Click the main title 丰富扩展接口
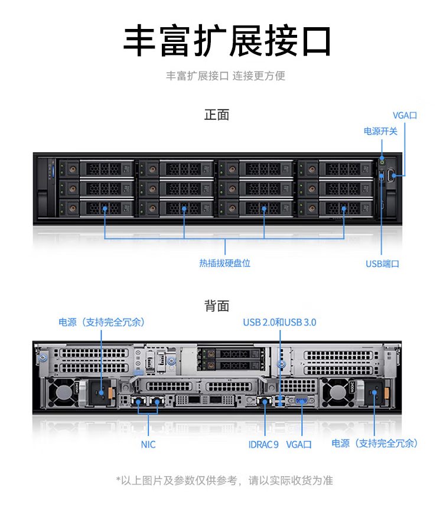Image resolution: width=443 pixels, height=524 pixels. (x=227, y=41)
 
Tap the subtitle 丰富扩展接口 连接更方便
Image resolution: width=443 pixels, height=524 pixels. (x=226, y=76)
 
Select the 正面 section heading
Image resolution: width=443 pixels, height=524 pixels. (x=217, y=115)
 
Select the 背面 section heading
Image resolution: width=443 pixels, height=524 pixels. (x=217, y=306)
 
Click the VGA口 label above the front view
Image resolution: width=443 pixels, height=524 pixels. (x=405, y=116)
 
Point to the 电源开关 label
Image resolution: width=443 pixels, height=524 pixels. (x=380, y=131)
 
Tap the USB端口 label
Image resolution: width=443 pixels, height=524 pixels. (x=382, y=264)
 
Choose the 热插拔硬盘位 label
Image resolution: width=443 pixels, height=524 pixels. (x=225, y=263)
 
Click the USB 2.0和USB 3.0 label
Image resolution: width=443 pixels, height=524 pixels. (x=279, y=323)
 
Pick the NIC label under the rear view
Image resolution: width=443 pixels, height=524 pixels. (x=148, y=445)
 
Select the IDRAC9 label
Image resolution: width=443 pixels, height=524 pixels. (x=263, y=445)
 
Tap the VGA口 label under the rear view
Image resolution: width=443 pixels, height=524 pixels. (x=299, y=445)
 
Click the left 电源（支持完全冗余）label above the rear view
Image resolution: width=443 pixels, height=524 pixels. (x=102, y=323)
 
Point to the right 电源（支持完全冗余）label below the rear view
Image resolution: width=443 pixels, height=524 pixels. (x=374, y=444)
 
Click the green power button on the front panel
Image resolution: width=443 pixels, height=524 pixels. (x=383, y=162)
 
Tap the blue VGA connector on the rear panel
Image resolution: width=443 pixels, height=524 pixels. (x=302, y=401)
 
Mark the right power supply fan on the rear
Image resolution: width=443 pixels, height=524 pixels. (x=337, y=392)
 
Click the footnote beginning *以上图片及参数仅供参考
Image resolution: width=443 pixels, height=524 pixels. (x=224, y=480)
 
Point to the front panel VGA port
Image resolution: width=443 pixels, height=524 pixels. (x=390, y=175)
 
